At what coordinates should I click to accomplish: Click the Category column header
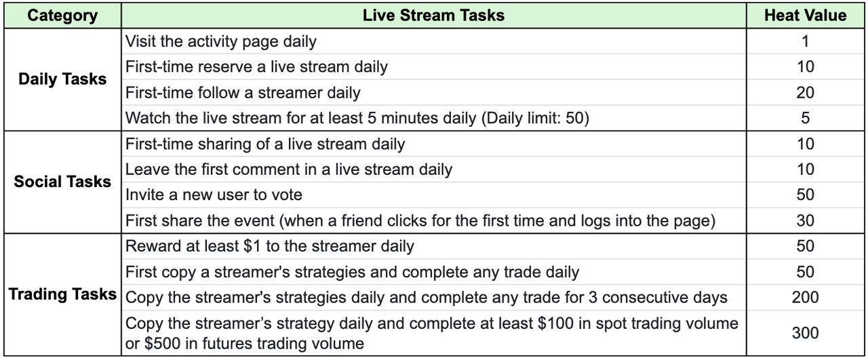coord(62,16)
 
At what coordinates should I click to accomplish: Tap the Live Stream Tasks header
coord(433,16)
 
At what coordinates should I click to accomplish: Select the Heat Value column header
coord(805,16)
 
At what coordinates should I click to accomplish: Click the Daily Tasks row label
coord(62,79)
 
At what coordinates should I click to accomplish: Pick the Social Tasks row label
coord(62,182)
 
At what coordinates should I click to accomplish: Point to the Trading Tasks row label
coord(62,294)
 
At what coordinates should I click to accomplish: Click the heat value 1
coord(805,41)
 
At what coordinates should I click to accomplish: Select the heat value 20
coord(805,93)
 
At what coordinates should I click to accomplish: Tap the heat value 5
coord(805,118)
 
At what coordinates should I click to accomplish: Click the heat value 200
coord(805,297)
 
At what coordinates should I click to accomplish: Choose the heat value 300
coord(805,333)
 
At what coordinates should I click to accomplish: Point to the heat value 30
coord(805,220)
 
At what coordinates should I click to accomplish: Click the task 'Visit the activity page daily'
coord(221,41)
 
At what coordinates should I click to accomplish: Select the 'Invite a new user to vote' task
coord(214,195)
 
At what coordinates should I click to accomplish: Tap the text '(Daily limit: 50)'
coord(535,118)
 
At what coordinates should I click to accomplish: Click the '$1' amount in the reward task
coord(252,246)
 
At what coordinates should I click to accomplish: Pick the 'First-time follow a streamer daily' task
coord(243,93)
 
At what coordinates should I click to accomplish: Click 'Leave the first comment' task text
coord(289,169)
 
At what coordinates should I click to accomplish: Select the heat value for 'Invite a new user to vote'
coord(805,195)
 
